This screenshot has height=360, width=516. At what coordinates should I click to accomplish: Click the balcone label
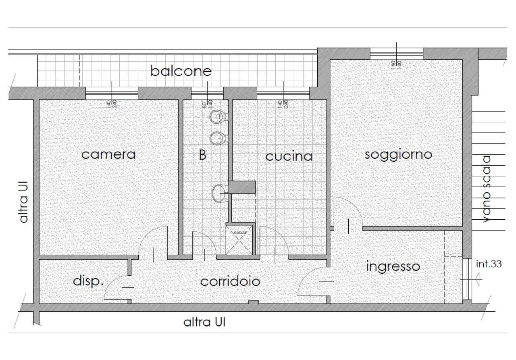click(181, 71)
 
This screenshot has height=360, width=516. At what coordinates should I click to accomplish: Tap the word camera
click(108, 154)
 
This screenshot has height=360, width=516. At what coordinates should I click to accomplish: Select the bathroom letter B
click(202, 155)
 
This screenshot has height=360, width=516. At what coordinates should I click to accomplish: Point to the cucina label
click(289, 156)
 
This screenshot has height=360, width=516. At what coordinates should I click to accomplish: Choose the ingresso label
click(393, 266)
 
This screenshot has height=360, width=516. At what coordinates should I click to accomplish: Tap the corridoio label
click(230, 281)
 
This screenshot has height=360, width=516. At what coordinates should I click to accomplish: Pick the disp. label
click(88, 281)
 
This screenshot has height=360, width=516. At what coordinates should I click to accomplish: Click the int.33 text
click(489, 264)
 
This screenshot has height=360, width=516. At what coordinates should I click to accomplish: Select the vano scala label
click(487, 189)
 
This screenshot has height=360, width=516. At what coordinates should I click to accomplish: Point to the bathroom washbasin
click(219, 193)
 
